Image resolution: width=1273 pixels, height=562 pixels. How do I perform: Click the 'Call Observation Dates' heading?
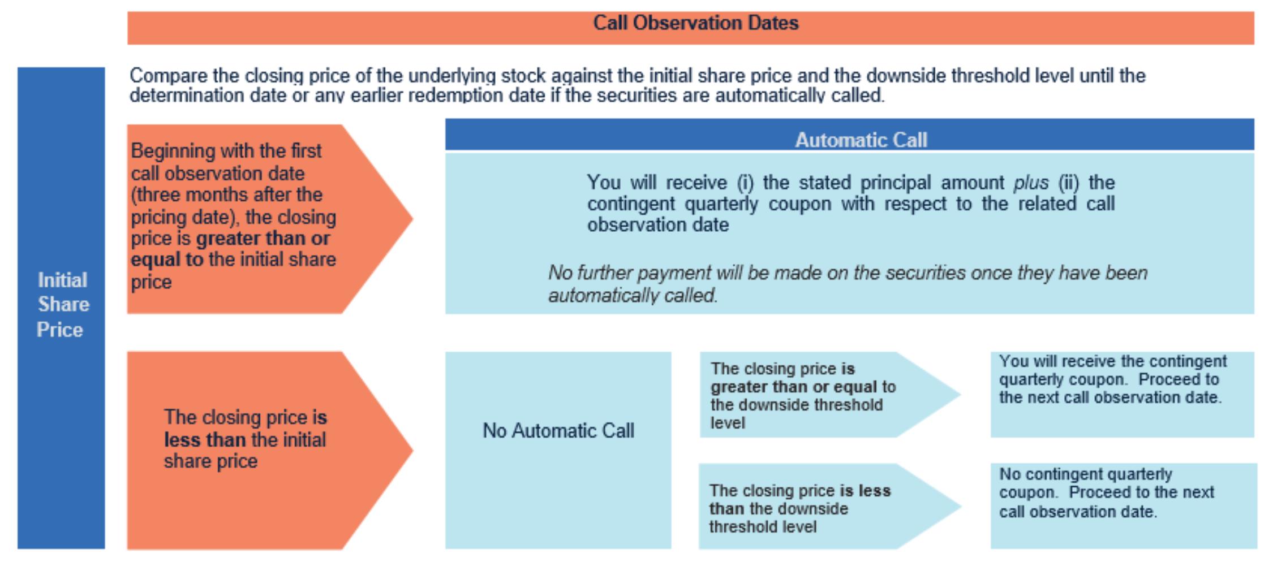[x=695, y=23]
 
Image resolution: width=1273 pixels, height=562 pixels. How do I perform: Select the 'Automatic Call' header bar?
[x=861, y=139]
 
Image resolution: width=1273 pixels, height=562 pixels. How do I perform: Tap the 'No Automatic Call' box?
[x=558, y=431]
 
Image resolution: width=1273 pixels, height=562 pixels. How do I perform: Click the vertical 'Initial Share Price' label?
[x=62, y=305]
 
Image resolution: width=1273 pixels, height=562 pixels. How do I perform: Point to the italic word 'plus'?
[x=1030, y=183]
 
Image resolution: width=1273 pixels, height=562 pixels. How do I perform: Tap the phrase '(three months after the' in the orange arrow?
[x=226, y=195]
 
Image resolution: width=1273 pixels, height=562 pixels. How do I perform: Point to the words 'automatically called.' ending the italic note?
[x=633, y=296]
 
